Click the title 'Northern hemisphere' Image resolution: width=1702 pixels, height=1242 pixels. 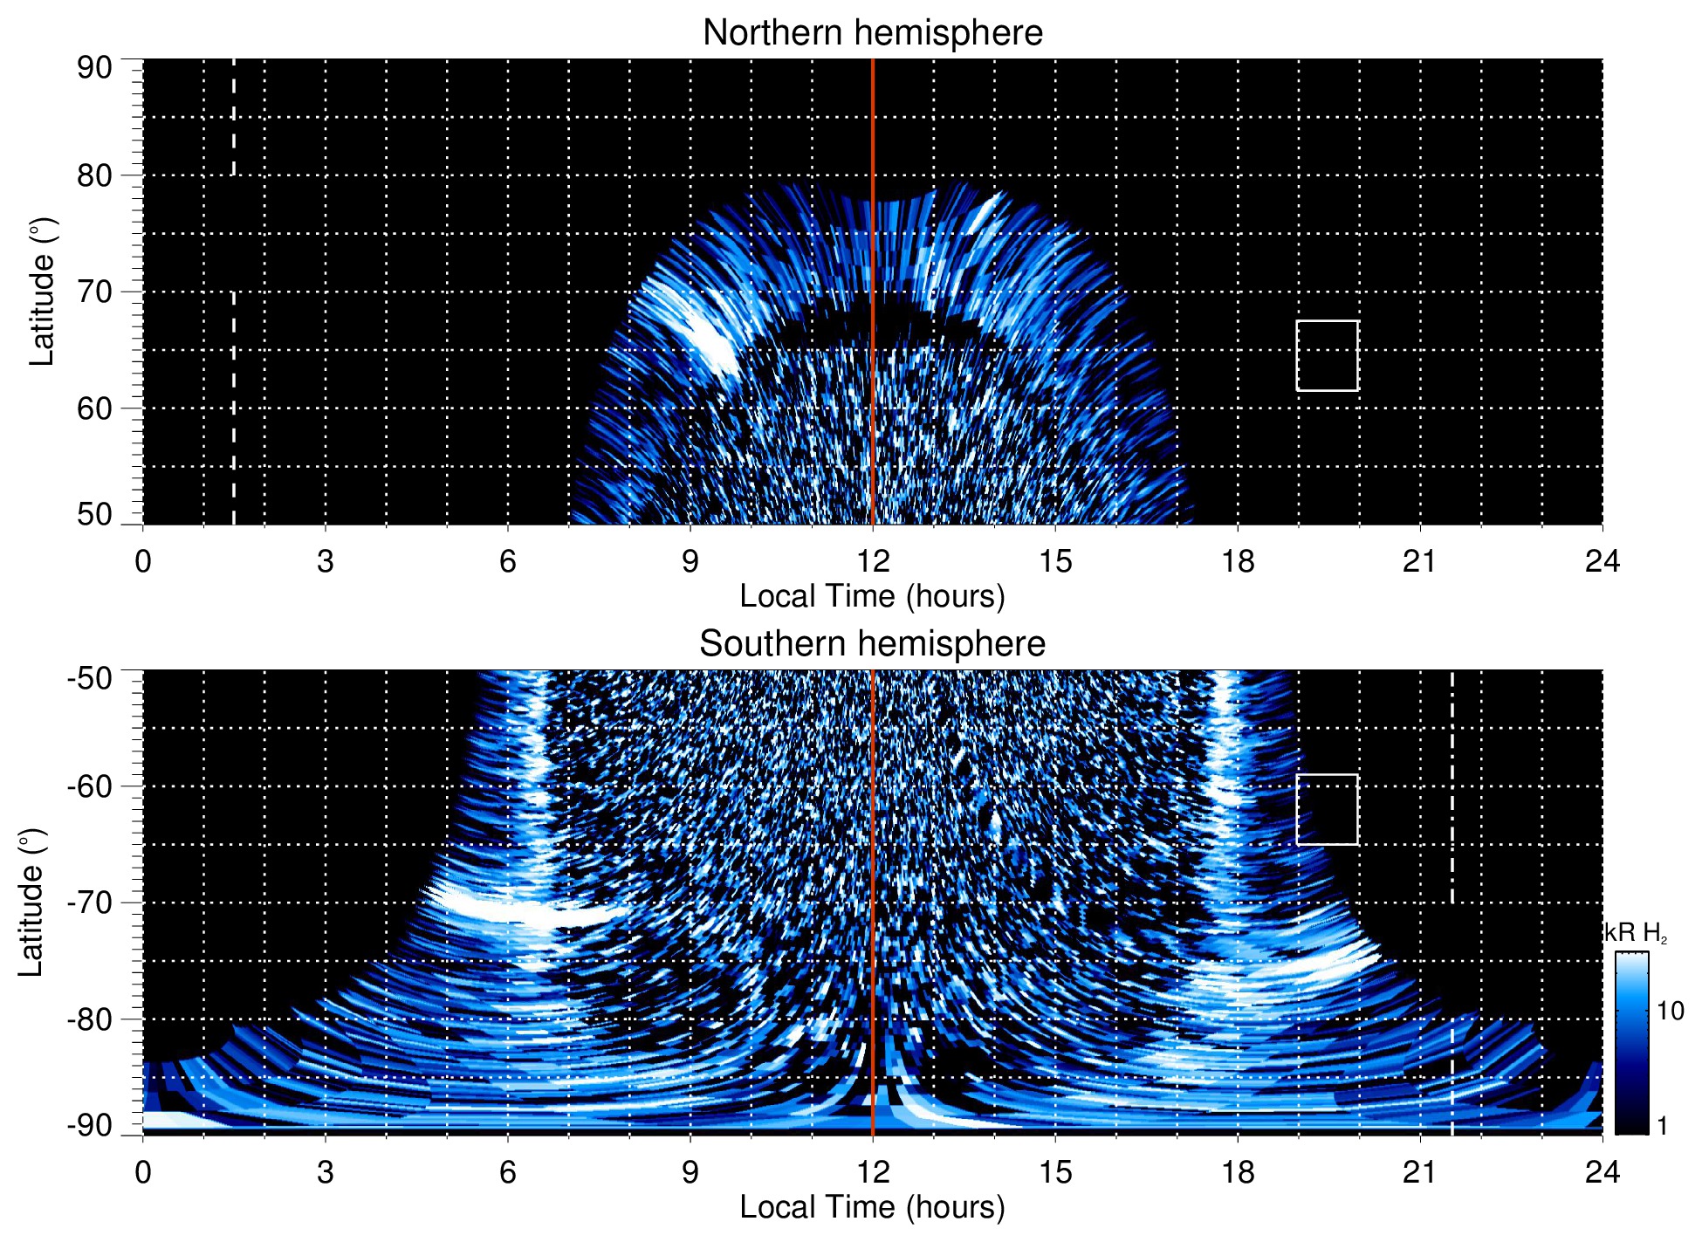coord(872,33)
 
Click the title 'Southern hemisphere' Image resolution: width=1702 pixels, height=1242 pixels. coord(872,644)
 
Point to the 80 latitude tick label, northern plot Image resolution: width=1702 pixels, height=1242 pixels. coord(94,175)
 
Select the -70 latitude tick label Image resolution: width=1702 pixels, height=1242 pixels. coord(90,902)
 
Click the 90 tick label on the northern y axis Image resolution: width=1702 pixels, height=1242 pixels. coord(94,68)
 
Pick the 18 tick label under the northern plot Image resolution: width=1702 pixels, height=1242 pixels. coord(1238,561)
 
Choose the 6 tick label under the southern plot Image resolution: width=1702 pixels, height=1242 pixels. coord(507,1172)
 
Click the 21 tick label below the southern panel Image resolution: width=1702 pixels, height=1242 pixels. coord(1420,1172)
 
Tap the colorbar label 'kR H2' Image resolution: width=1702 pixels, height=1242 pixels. coord(1636,933)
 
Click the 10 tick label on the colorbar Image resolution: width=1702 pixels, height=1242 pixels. coord(1670,1012)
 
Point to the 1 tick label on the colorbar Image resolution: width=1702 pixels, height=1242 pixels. coord(1662,1126)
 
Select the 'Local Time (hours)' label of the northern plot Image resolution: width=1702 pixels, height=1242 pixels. coord(872,597)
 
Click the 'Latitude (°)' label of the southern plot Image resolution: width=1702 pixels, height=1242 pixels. coord(31,902)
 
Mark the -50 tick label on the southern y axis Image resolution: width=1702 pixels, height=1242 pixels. coord(90,678)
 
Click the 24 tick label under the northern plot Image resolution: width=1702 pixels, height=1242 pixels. coord(1602,561)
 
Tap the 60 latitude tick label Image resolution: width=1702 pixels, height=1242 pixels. coord(94,408)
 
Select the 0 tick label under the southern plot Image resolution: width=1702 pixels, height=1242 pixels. coord(143,1172)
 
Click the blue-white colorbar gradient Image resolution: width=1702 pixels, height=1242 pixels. coord(1631,1043)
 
